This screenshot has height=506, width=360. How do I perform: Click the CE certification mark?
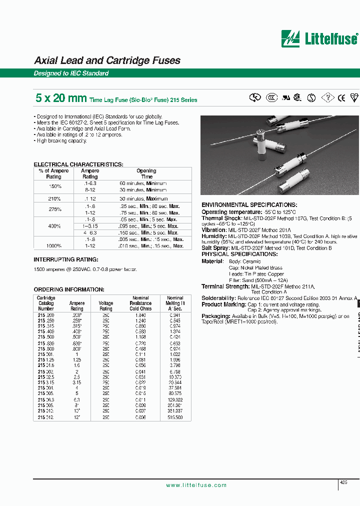[x=341, y=98]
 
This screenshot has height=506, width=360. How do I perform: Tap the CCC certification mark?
[x=271, y=98]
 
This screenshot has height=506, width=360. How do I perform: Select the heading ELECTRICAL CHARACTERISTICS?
[x=78, y=164]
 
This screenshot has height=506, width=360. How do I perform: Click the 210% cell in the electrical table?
[x=55, y=198]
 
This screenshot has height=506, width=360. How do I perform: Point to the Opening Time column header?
[x=146, y=173]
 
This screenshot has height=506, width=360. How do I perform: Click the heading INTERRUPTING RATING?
[x=66, y=259]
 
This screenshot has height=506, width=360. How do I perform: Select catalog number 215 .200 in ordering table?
[x=46, y=315]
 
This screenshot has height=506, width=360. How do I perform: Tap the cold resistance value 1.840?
[x=140, y=315]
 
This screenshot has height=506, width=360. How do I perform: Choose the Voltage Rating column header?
[x=106, y=305]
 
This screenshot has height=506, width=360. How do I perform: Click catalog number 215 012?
[x=45, y=417]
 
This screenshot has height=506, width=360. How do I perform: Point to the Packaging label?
[x=216, y=316]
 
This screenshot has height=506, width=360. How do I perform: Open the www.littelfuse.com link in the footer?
[x=196, y=485]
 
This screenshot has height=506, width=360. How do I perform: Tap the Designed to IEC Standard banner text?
[x=71, y=73]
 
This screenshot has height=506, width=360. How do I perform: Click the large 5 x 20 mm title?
[x=60, y=98]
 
